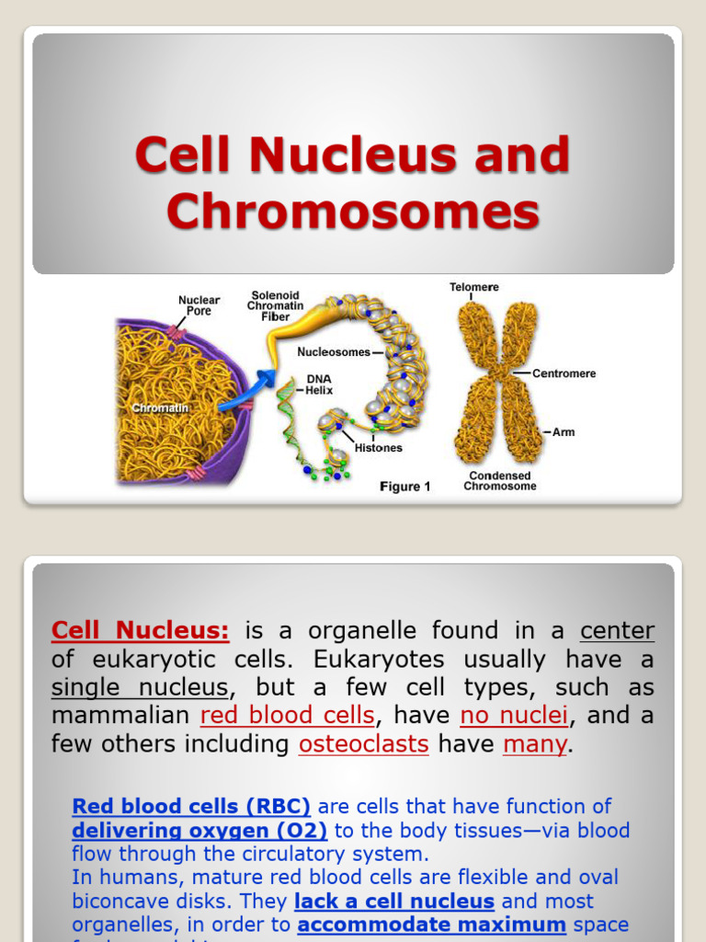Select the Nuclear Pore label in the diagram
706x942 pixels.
199,306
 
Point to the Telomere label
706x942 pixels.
473,287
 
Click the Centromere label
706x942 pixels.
564,373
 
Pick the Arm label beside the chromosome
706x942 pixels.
564,431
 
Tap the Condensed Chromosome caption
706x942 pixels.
499,480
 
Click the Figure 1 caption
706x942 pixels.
405,487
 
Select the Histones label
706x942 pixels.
378,448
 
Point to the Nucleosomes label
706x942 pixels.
334,351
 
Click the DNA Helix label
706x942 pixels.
319,385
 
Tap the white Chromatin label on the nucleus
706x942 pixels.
160,407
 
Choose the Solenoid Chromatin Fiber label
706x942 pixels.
275,306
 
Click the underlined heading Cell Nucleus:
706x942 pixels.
140,631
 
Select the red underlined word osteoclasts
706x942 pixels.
363,743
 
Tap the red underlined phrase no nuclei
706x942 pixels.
514,715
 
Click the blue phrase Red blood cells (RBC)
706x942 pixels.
191,807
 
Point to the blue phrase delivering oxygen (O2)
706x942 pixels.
199,831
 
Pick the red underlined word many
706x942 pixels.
535,743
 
